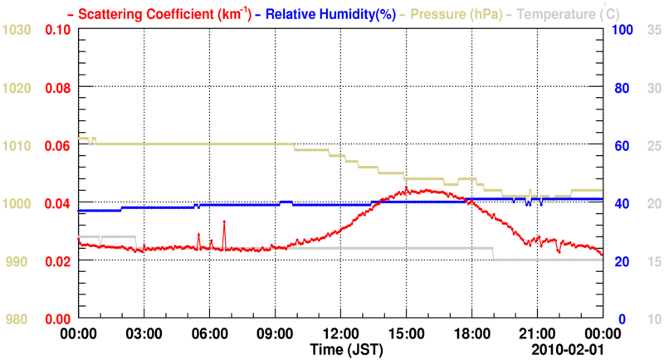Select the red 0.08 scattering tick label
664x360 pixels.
coord(56,88)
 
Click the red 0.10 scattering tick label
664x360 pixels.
coord(56,30)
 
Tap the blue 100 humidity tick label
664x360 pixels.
coord(624,30)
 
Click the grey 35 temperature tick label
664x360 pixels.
coord(653,30)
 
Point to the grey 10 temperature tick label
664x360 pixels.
coord(653,319)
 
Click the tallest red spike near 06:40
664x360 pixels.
coord(224,221)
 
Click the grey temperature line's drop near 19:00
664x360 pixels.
coord(493,254)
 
